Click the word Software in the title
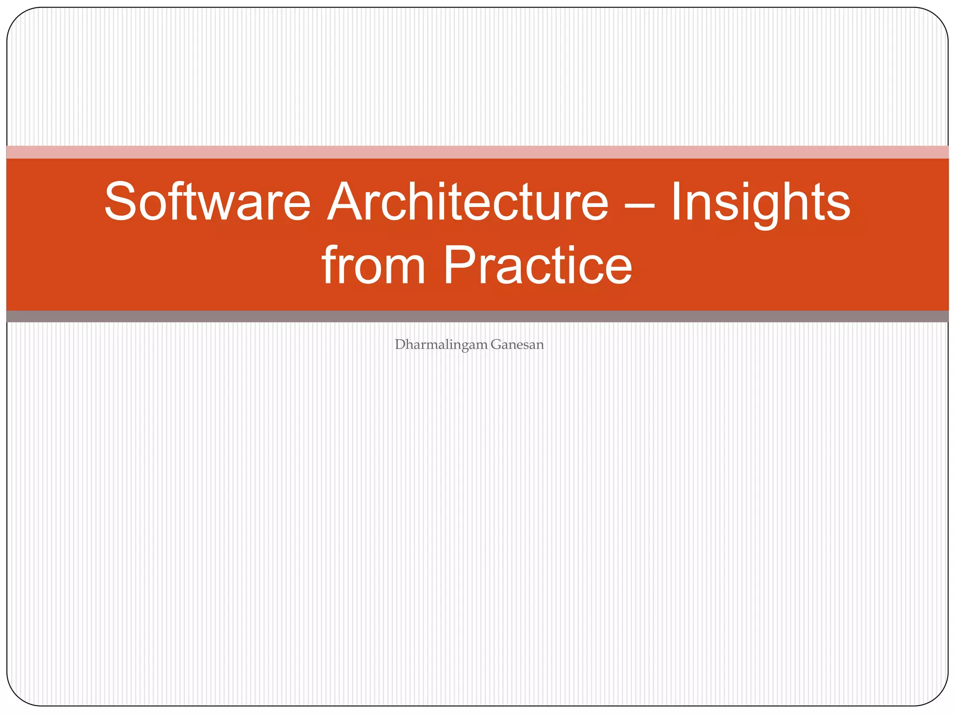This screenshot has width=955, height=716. (207, 202)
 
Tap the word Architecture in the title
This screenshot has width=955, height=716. (468, 202)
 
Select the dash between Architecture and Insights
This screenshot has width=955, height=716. (639, 205)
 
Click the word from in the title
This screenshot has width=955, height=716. (373, 266)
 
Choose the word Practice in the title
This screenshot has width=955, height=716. (537, 266)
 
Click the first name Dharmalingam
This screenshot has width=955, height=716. (441, 345)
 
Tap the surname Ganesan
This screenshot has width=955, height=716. (517, 345)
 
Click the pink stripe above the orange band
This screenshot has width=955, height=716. (477, 152)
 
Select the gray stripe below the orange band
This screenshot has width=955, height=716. (477, 317)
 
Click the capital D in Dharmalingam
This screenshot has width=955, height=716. (400, 344)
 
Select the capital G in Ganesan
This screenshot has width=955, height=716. (496, 344)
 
